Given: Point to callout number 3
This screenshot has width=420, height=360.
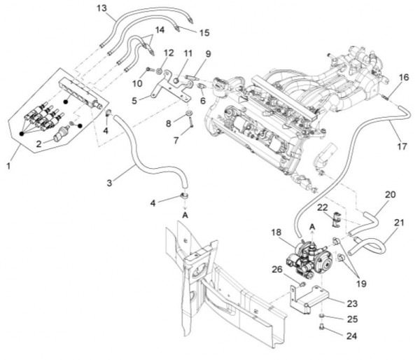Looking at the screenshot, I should [110, 183].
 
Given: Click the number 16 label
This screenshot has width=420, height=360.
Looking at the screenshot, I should [403, 77].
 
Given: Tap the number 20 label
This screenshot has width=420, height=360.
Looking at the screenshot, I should [391, 195].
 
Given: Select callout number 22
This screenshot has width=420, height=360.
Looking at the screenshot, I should [323, 207].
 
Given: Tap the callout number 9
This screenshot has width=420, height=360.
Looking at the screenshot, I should [208, 53].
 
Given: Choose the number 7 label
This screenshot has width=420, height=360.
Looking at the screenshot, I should [176, 141].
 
